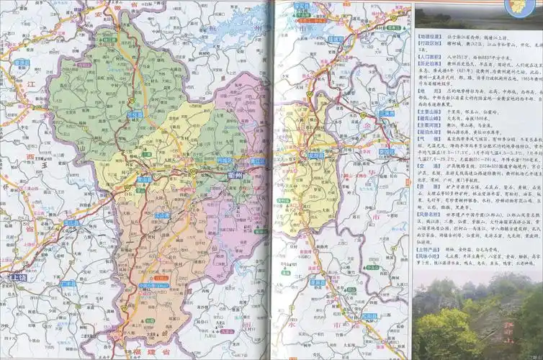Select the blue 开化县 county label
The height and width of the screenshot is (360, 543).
133,114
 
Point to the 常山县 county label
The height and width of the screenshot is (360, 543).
145,179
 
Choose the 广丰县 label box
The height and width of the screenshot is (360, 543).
68,284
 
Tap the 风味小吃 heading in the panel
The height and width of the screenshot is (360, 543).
429,256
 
